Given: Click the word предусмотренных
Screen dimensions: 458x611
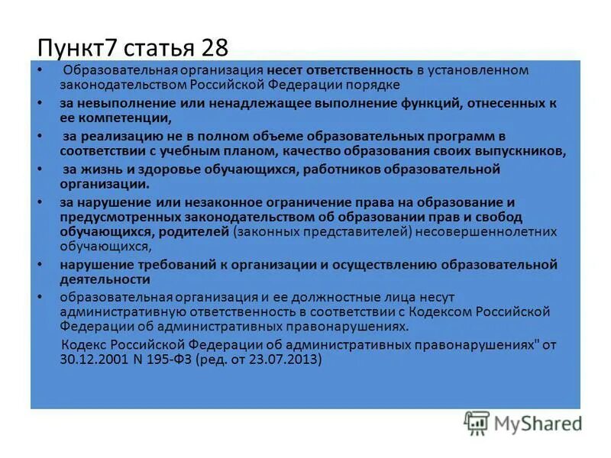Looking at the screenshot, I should (112, 218).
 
